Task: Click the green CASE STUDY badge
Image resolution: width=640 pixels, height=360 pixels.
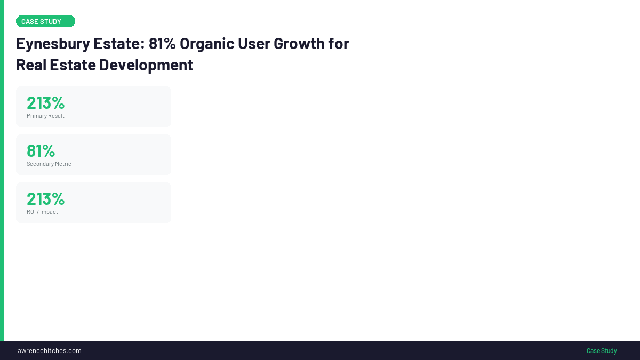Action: [x=45, y=21]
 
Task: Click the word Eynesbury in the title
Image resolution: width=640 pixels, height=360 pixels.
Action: [x=53, y=44]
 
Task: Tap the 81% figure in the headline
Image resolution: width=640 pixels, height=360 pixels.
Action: [x=162, y=43]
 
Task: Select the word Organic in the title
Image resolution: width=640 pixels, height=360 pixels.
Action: [x=207, y=44]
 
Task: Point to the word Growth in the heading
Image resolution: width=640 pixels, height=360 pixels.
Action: [x=299, y=43]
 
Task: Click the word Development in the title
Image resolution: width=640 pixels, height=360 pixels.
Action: [x=146, y=66]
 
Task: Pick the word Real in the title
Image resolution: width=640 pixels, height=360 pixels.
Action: [x=31, y=65]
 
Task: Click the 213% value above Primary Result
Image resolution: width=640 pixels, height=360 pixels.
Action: [x=46, y=103]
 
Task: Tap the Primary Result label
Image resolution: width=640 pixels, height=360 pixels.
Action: [x=45, y=116]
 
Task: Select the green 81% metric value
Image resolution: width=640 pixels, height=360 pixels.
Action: [x=41, y=151]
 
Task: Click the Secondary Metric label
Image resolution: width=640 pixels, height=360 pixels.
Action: [x=49, y=164]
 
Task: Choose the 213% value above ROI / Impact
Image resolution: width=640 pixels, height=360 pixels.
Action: [x=46, y=199]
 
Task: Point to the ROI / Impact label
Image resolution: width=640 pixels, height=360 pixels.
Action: [x=42, y=212]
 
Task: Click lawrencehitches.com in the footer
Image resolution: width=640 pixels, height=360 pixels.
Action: [x=49, y=350]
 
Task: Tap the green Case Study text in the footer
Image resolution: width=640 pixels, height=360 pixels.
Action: [x=602, y=350]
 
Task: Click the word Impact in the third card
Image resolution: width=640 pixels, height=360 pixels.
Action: [x=49, y=212]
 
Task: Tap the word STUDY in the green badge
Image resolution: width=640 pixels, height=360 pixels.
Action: [x=51, y=22]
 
